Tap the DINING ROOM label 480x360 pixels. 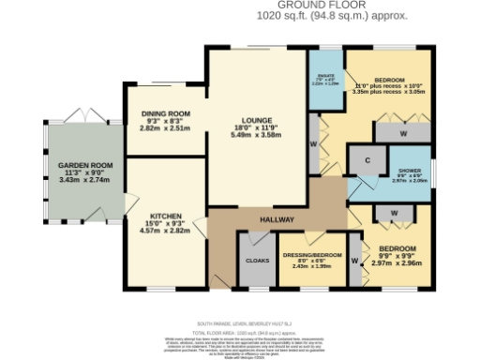166,113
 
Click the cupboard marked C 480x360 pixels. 368,160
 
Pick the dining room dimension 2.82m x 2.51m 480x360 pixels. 166,128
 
